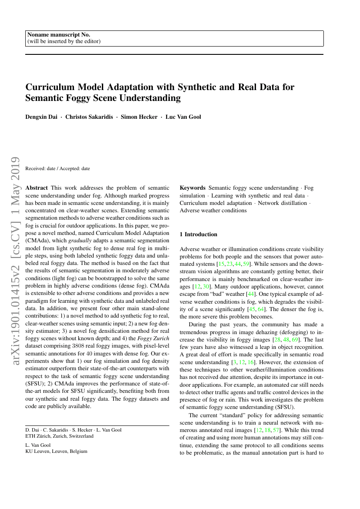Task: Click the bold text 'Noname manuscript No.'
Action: (x=59, y=35)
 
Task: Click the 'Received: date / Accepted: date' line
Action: (x=58, y=168)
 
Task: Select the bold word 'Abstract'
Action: (x=37, y=188)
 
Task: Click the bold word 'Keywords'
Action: (x=192, y=188)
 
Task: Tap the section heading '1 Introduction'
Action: (x=199, y=234)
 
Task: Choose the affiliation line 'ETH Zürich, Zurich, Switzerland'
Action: (x=59, y=436)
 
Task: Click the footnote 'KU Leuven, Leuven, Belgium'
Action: (x=57, y=451)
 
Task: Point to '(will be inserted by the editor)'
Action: (x=64, y=41)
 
